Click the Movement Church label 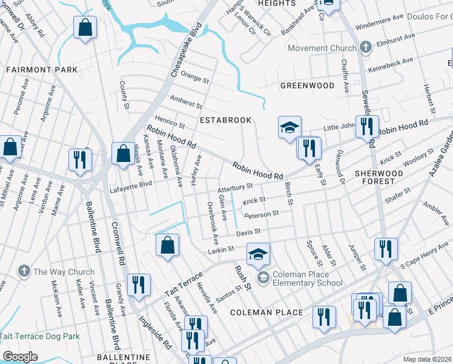click(x=322, y=48)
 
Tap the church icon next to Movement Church click(x=365, y=47)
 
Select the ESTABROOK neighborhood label click(x=225, y=120)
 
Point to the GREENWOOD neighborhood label click(x=307, y=86)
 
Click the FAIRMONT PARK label click(x=42, y=70)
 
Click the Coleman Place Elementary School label click(x=308, y=278)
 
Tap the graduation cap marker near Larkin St click(x=258, y=254)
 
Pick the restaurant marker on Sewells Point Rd click(x=367, y=127)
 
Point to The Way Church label click(x=64, y=272)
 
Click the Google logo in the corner click(x=20, y=356)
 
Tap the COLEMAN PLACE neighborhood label click(x=266, y=312)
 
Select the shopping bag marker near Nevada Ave click(x=168, y=246)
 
